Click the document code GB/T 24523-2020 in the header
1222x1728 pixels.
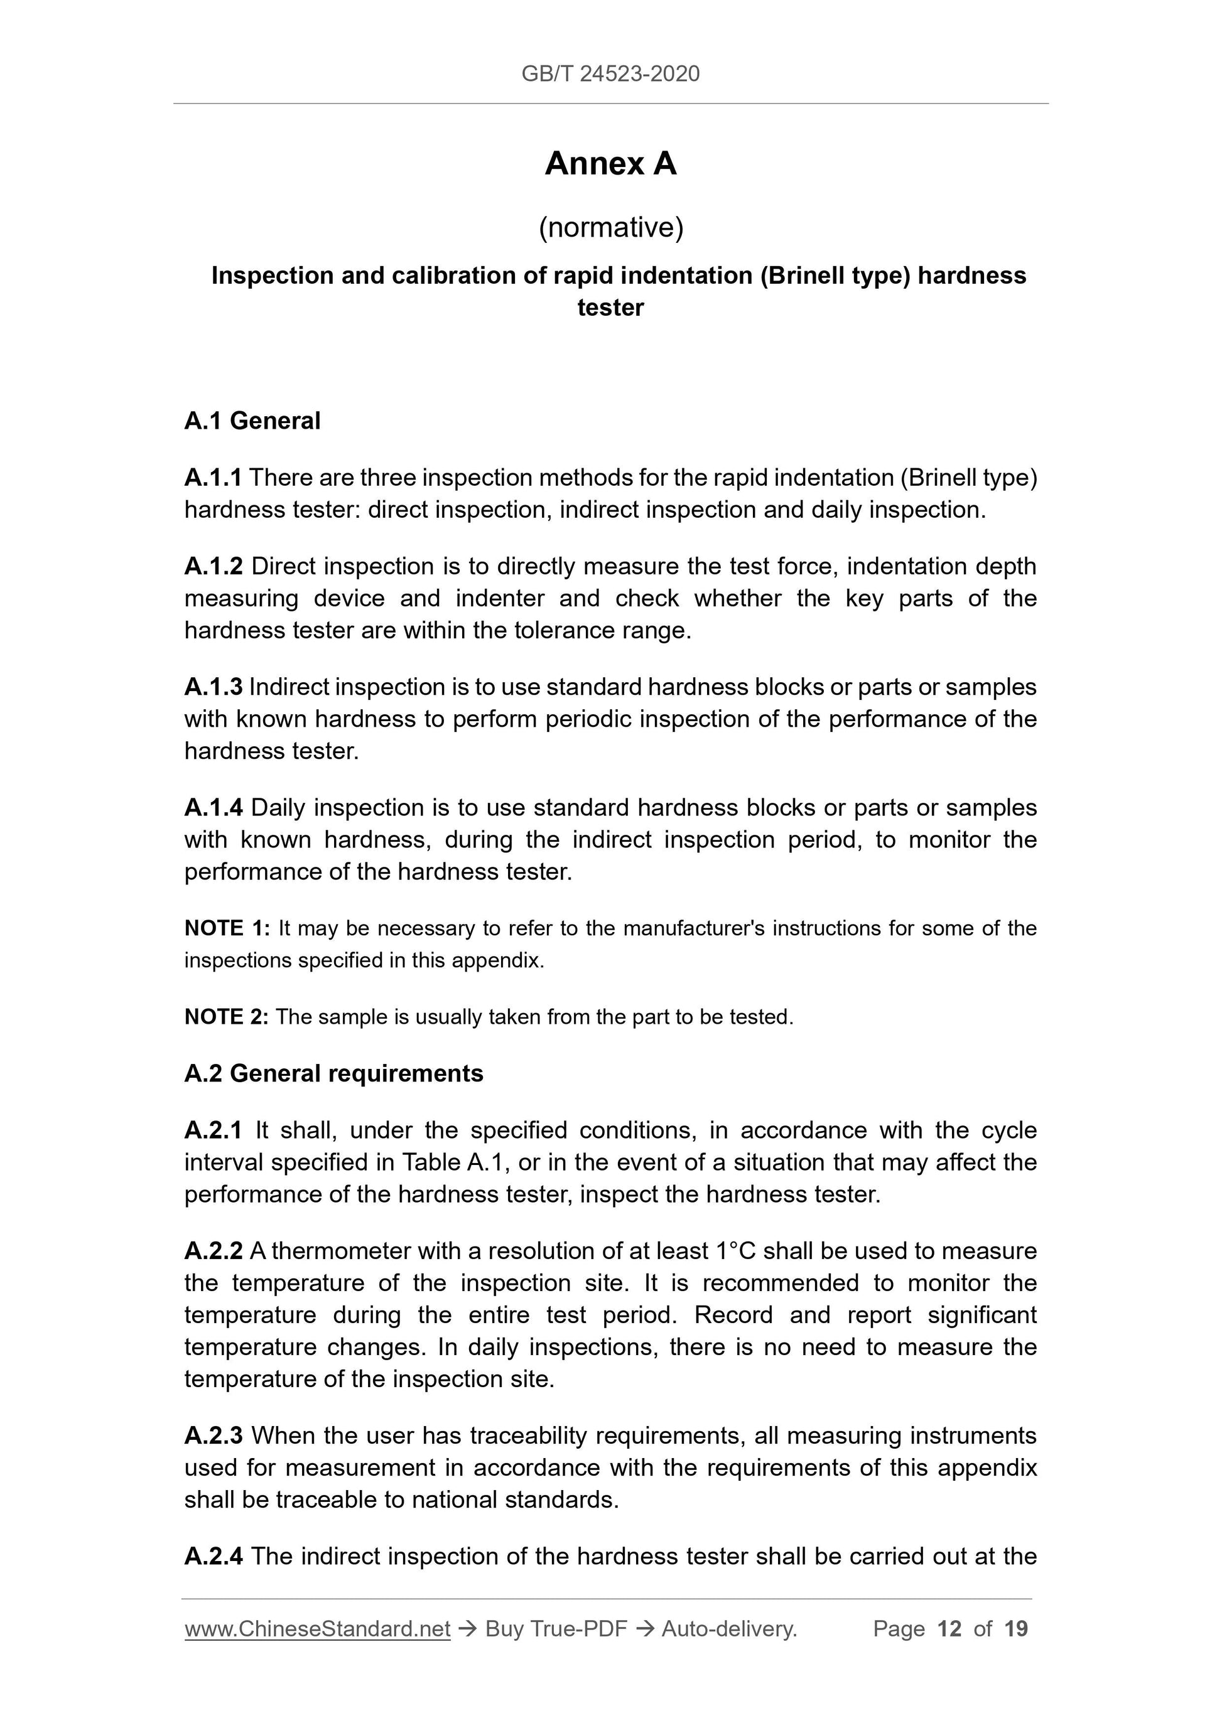pyautogui.click(x=610, y=74)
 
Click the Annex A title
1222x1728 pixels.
pyautogui.click(x=610, y=164)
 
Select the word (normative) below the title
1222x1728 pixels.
pyautogui.click(x=610, y=227)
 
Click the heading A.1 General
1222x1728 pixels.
pyautogui.click(x=252, y=421)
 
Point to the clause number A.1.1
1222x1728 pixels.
pyautogui.click(x=213, y=478)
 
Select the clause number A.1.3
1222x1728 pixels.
pyautogui.click(x=213, y=687)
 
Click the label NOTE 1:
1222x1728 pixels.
pyautogui.click(x=227, y=929)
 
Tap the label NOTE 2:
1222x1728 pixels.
pyautogui.click(x=226, y=1017)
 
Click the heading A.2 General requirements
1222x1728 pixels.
pyautogui.click(x=333, y=1073)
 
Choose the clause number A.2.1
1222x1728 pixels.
pyautogui.click(x=213, y=1130)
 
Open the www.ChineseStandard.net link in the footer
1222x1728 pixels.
pyautogui.click(x=317, y=1629)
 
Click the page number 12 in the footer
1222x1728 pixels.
pyautogui.click(x=949, y=1629)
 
